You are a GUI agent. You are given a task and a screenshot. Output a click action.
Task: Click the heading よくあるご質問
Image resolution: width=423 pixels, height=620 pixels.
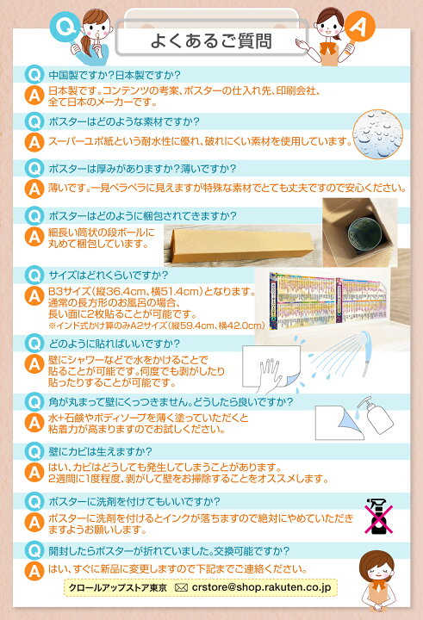pos(211,41)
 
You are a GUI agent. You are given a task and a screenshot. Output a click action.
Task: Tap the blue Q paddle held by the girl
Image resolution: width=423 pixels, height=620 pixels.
pos(65,28)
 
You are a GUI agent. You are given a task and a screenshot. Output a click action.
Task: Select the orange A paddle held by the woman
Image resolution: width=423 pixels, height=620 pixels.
pos(359,27)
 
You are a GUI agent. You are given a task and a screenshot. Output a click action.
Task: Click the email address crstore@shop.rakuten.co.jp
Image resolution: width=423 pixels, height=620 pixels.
pos(261,587)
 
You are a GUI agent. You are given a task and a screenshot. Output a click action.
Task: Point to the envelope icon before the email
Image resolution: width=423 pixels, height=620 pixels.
pos(181,587)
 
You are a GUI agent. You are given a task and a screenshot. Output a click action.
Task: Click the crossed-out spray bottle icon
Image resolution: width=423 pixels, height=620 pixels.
pos(379,517)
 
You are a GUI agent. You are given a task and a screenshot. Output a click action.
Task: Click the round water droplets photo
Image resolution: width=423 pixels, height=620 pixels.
pos(378,134)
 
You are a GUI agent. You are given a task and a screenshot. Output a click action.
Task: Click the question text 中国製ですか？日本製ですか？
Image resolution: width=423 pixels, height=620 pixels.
pos(115,75)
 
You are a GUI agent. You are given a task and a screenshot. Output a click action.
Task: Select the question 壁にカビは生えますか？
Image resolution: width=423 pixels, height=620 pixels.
pos(100,451)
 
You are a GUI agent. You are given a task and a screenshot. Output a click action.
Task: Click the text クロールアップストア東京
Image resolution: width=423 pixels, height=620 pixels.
pos(117,587)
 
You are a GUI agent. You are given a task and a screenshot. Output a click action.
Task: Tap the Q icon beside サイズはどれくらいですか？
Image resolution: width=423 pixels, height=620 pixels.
pos(34,276)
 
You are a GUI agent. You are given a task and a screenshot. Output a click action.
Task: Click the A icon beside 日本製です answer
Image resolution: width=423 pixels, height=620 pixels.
pos(34,96)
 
